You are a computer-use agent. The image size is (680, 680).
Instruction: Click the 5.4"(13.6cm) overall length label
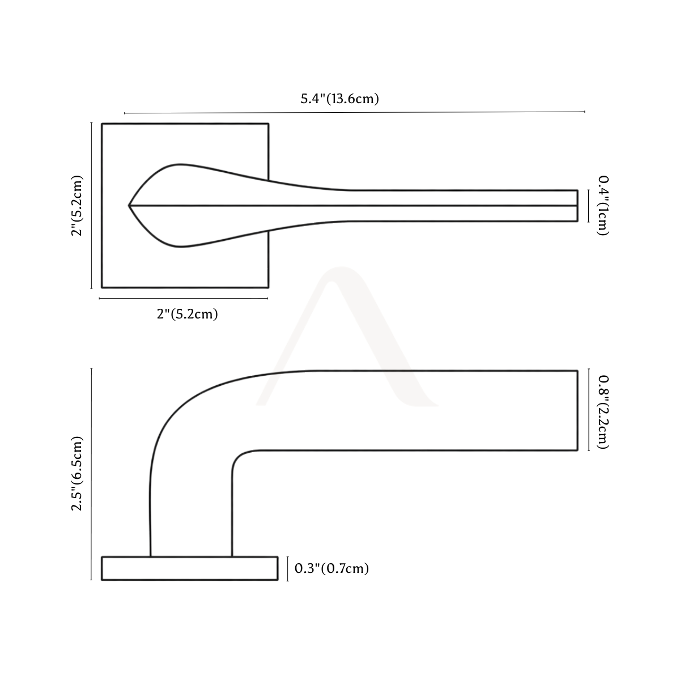point(339,99)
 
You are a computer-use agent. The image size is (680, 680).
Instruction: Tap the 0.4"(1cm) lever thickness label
point(603,205)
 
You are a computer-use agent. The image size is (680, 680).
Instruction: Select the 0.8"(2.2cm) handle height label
point(603,412)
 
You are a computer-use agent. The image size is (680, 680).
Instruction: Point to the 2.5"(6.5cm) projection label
point(76,474)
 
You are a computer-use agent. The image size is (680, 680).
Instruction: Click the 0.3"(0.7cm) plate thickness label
point(331,568)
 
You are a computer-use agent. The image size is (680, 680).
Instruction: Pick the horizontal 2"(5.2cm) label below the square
point(188,314)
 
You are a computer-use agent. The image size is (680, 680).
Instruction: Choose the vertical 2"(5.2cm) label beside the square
point(76,205)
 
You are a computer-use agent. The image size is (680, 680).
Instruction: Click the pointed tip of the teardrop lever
point(129,205)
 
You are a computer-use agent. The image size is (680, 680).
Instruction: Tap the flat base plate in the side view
point(189,568)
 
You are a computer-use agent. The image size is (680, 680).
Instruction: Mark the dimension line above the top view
point(354,113)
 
